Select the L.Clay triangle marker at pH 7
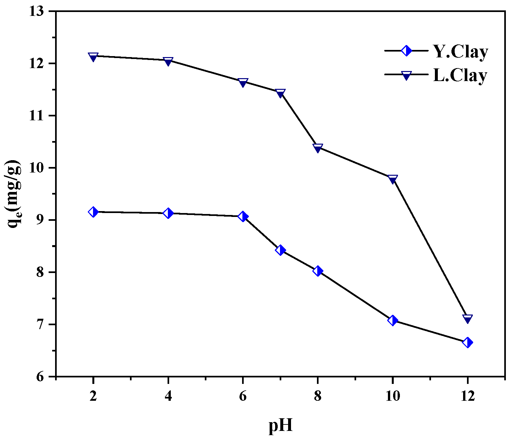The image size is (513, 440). tap(280, 93)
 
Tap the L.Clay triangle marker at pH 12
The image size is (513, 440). tap(467, 319)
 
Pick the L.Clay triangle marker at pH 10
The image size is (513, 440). tap(392, 179)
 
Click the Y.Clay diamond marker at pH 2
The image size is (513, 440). tap(93, 212)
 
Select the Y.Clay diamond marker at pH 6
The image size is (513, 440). tap(243, 216)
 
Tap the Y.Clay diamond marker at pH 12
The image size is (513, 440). tap(467, 342)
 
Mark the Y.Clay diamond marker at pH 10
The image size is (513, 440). tap(392, 320)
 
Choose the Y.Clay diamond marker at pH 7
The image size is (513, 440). tap(280, 250)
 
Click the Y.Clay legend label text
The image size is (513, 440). tap(461, 52)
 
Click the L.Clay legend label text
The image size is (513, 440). tap(460, 76)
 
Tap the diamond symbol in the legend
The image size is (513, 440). tap(406, 51)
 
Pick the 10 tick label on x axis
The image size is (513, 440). tap(392, 396)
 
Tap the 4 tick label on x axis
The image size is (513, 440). tap(168, 396)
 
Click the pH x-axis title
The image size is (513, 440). tap(281, 426)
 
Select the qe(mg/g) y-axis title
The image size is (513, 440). tap(14, 194)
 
